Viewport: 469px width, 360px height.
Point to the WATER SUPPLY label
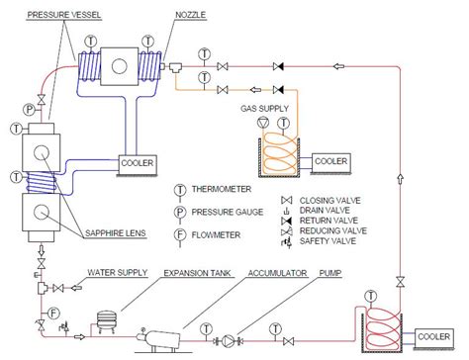(x=115, y=267)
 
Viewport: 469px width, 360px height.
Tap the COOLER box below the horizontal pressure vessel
(x=137, y=160)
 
